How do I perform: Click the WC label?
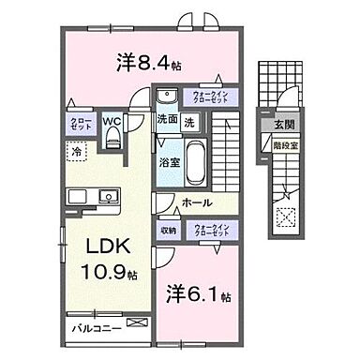(112, 121)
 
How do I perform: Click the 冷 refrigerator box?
(73, 150)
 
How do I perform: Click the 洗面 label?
(167, 120)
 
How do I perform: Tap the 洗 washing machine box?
(188, 120)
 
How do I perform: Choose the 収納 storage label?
(168, 229)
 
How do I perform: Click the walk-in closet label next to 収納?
(212, 229)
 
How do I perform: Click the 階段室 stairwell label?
(284, 146)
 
